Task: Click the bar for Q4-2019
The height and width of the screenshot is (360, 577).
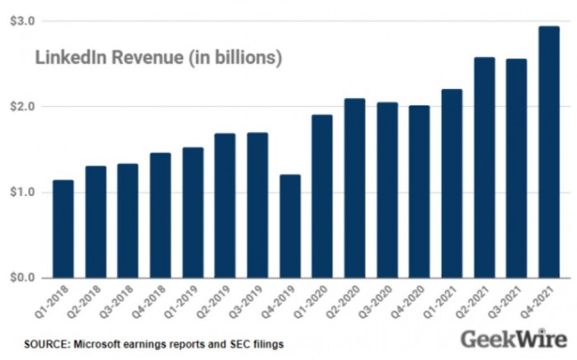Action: click(x=290, y=227)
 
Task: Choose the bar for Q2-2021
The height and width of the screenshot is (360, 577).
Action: click(x=485, y=168)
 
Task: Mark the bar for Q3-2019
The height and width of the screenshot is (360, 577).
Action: click(x=258, y=205)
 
